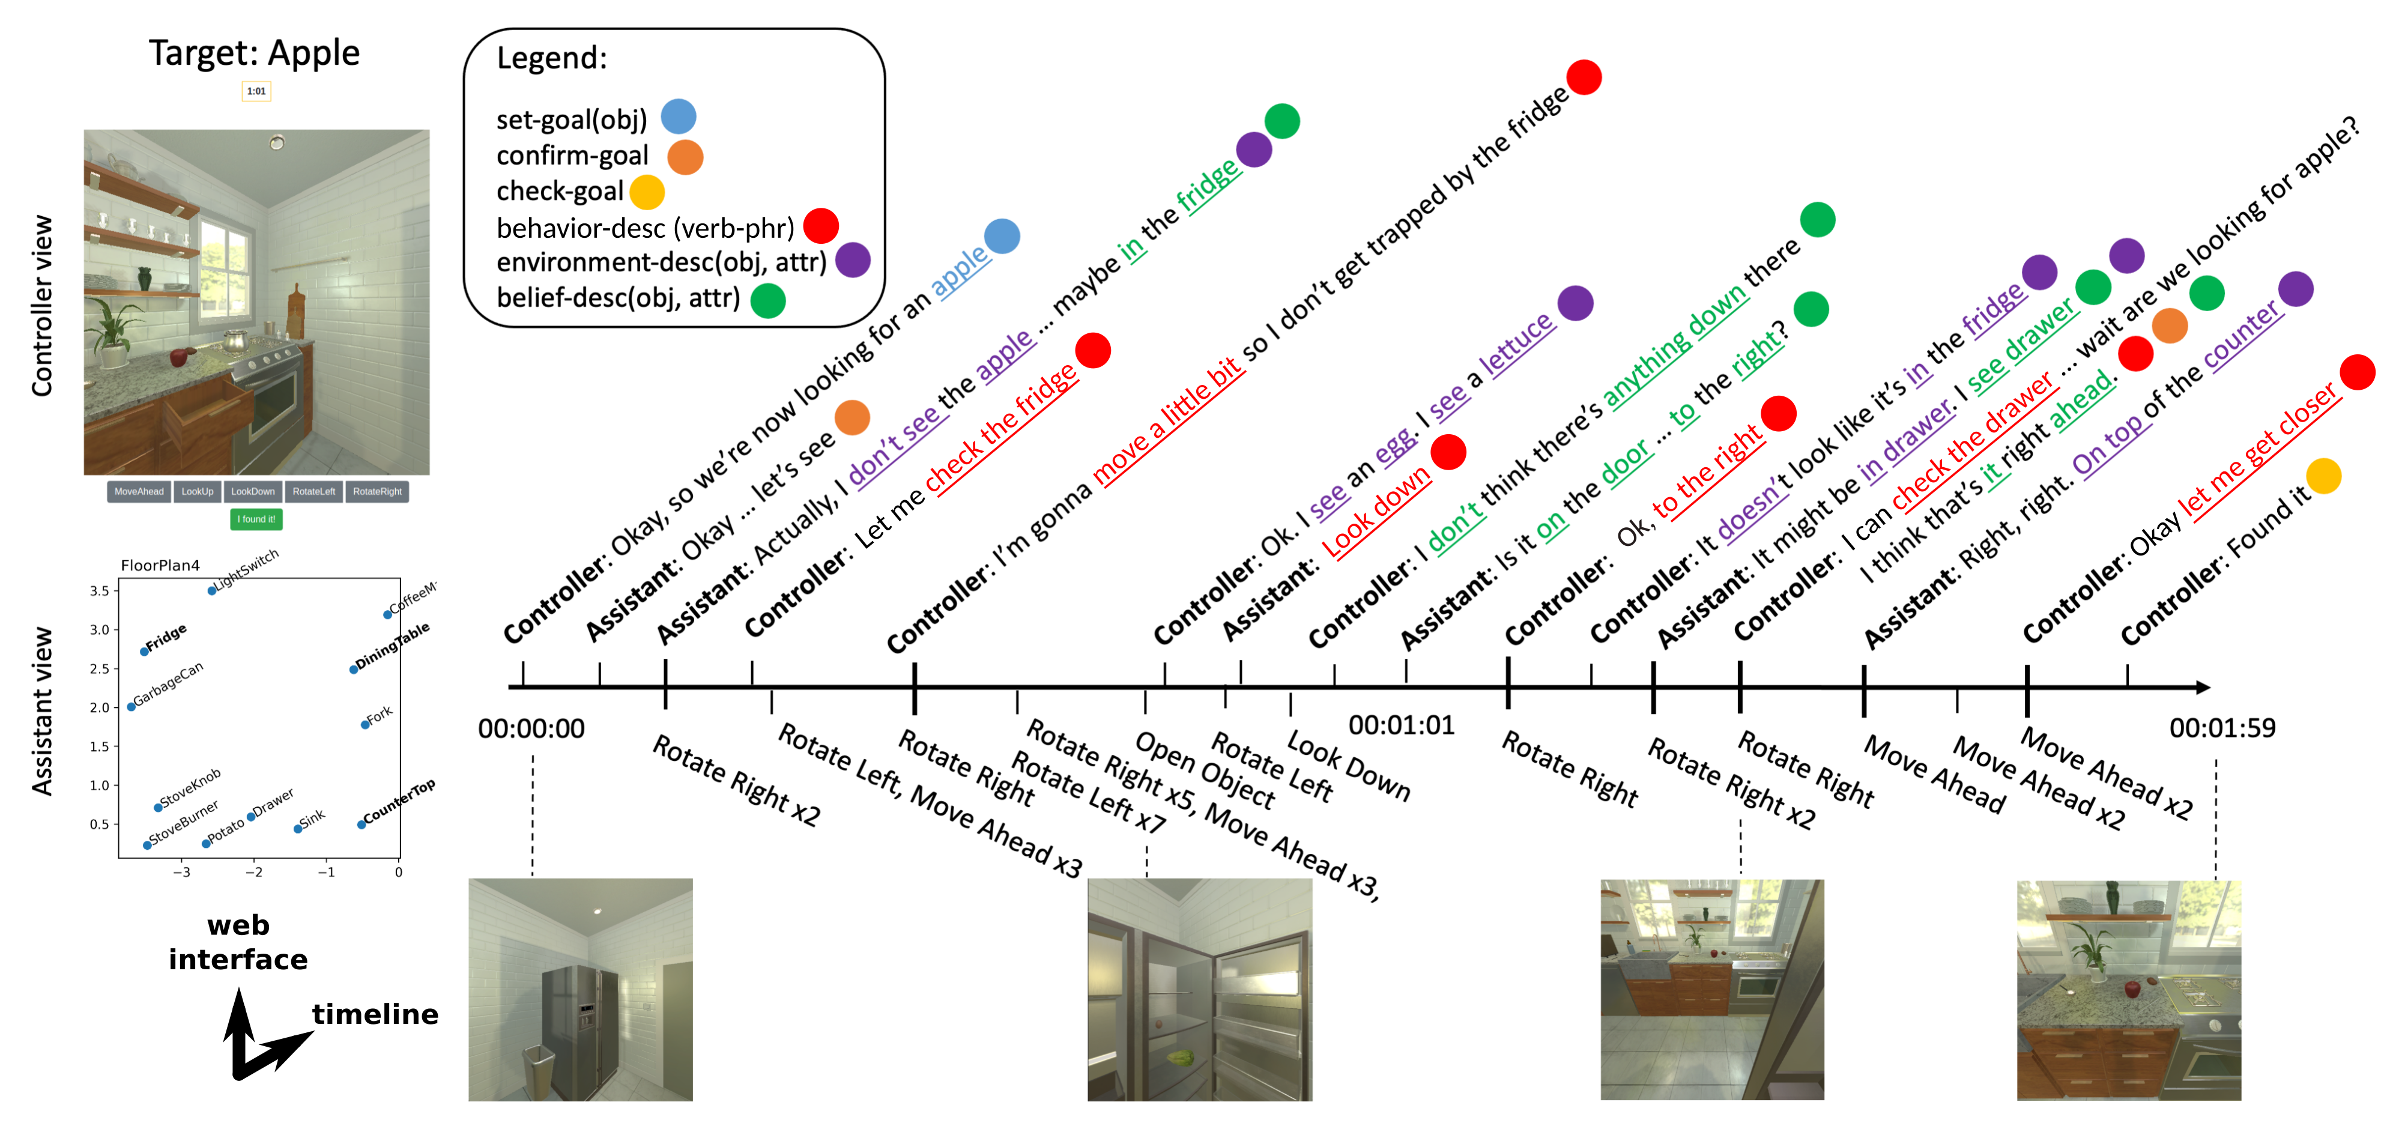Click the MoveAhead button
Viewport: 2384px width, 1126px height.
point(139,491)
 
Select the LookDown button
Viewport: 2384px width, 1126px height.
point(253,491)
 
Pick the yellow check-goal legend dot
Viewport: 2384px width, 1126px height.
point(647,192)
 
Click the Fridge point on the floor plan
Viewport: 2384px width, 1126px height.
point(144,652)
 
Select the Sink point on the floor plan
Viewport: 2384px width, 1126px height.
point(297,829)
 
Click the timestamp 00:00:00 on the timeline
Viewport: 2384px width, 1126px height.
point(531,729)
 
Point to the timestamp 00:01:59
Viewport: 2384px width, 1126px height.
point(2222,728)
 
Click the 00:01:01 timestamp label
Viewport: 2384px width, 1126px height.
point(1401,725)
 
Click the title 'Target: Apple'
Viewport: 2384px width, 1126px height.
point(255,53)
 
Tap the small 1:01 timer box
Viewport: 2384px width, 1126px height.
point(256,91)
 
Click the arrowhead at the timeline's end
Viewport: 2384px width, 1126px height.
point(2203,688)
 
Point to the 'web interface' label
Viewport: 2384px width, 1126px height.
point(238,942)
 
